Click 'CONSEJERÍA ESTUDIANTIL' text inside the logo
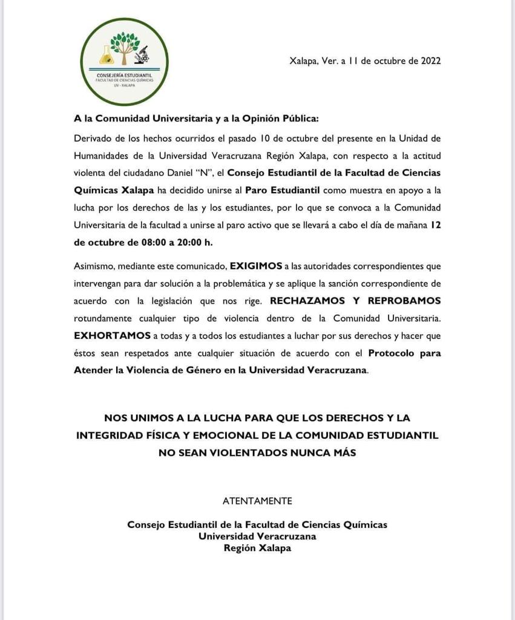124,75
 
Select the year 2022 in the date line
430,61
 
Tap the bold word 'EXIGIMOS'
257,266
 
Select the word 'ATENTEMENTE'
257,501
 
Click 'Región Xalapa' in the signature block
257,548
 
